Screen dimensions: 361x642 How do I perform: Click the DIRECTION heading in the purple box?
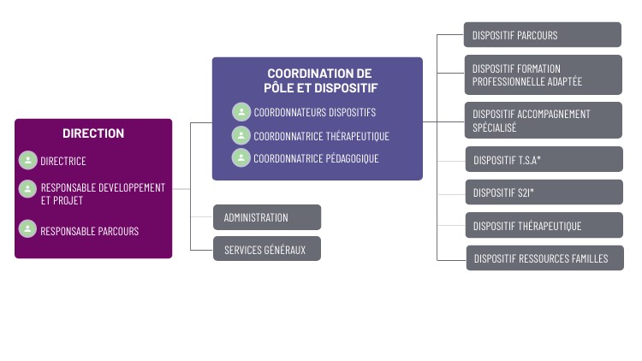(93, 133)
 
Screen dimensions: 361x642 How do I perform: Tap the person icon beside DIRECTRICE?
(28, 160)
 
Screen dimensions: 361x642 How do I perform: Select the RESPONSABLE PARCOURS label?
(89, 231)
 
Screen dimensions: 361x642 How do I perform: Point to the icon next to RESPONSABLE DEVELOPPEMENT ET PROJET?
(28, 188)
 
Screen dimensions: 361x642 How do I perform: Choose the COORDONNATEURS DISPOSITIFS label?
(314, 112)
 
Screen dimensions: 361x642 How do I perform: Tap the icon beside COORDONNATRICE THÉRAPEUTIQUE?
(241, 135)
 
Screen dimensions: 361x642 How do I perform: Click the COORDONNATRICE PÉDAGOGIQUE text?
(316, 158)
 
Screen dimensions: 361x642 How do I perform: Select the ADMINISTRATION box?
(267, 217)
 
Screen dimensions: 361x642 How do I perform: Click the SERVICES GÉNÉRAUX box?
(267, 249)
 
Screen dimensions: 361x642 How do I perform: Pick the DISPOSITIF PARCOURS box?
(543, 35)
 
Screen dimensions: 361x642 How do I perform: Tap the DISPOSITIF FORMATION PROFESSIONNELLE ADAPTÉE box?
(543, 74)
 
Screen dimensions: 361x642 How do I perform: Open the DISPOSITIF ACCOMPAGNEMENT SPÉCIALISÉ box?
(543, 120)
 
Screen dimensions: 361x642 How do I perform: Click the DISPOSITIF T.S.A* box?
(543, 160)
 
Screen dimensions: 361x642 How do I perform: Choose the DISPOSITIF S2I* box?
(543, 192)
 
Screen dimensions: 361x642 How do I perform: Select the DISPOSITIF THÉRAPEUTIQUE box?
(543, 226)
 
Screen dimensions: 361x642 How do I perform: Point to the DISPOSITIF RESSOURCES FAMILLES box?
(544, 258)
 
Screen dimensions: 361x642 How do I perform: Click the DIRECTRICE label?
(63, 161)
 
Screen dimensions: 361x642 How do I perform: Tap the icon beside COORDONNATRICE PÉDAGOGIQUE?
(241, 158)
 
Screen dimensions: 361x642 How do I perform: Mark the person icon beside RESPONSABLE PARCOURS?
(28, 229)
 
